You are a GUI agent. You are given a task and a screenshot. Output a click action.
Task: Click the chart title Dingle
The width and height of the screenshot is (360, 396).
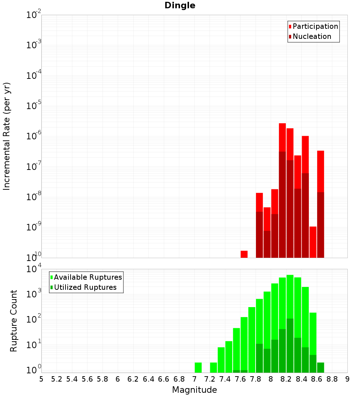tap(180, 6)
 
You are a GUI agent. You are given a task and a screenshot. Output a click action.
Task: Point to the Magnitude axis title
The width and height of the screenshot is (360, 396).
tap(194, 390)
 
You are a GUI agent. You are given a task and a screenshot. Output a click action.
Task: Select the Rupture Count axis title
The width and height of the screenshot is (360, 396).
tap(14, 321)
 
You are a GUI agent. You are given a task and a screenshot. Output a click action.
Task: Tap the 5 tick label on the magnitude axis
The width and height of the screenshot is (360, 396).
tap(41, 379)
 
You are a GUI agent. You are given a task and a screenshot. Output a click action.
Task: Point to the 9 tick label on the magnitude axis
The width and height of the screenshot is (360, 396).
tap(347, 379)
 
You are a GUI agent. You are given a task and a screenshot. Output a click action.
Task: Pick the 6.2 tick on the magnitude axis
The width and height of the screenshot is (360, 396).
tap(133, 379)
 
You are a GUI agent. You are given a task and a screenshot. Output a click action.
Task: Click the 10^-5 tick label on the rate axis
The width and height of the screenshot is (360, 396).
tap(33, 106)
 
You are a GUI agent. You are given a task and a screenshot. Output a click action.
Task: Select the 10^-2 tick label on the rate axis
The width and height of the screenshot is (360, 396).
tap(33, 15)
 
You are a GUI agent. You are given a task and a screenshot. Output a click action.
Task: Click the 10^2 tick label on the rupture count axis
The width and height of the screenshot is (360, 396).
tap(33, 320)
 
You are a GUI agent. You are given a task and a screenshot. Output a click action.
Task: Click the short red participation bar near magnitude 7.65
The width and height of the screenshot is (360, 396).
tap(244, 254)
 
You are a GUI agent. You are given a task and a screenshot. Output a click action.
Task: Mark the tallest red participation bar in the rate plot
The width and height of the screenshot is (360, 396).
tap(282, 137)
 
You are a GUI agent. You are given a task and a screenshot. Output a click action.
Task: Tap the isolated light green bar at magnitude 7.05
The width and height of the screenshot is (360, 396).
tap(198, 368)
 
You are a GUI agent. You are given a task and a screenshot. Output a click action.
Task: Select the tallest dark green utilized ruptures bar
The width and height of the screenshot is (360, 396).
tap(290, 346)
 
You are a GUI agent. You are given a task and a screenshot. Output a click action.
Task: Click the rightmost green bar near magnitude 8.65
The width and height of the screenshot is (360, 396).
tap(320, 368)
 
